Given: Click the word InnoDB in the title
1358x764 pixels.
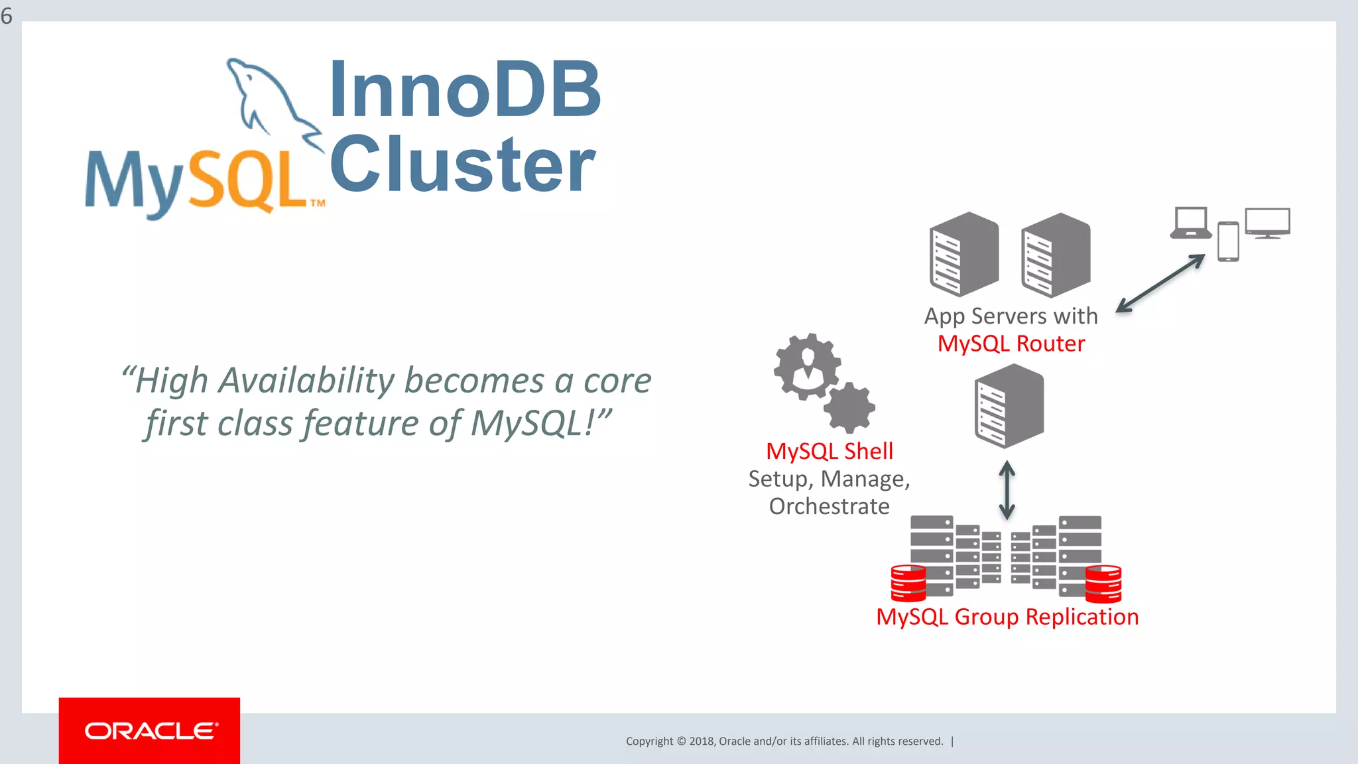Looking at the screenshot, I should tap(464, 90).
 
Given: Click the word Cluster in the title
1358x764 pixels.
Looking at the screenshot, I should tap(462, 164).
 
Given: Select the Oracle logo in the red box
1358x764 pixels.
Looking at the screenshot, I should tap(150, 731).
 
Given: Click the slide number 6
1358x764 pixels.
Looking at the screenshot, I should tap(7, 15).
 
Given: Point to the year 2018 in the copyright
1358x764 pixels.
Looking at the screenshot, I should tap(701, 741).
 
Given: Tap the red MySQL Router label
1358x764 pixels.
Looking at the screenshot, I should tap(1011, 344).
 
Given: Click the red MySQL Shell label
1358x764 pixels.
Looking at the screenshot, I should tap(829, 451).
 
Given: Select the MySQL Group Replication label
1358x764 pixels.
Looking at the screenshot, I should tap(1007, 617).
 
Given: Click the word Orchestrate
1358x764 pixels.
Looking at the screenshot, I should tap(829, 506).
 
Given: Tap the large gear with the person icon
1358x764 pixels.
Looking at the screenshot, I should tap(807, 366).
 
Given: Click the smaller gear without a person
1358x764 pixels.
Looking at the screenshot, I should tap(849, 407).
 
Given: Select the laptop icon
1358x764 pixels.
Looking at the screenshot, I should tap(1191, 222).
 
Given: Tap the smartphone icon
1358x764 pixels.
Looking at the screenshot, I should tap(1228, 241).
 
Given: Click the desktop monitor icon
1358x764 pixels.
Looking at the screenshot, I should tap(1267, 222).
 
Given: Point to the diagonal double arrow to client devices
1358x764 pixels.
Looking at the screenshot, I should tap(1160, 283).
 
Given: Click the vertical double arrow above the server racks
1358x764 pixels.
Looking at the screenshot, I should tap(1007, 490).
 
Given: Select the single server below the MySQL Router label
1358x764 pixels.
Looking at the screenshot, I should tap(1009, 407).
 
